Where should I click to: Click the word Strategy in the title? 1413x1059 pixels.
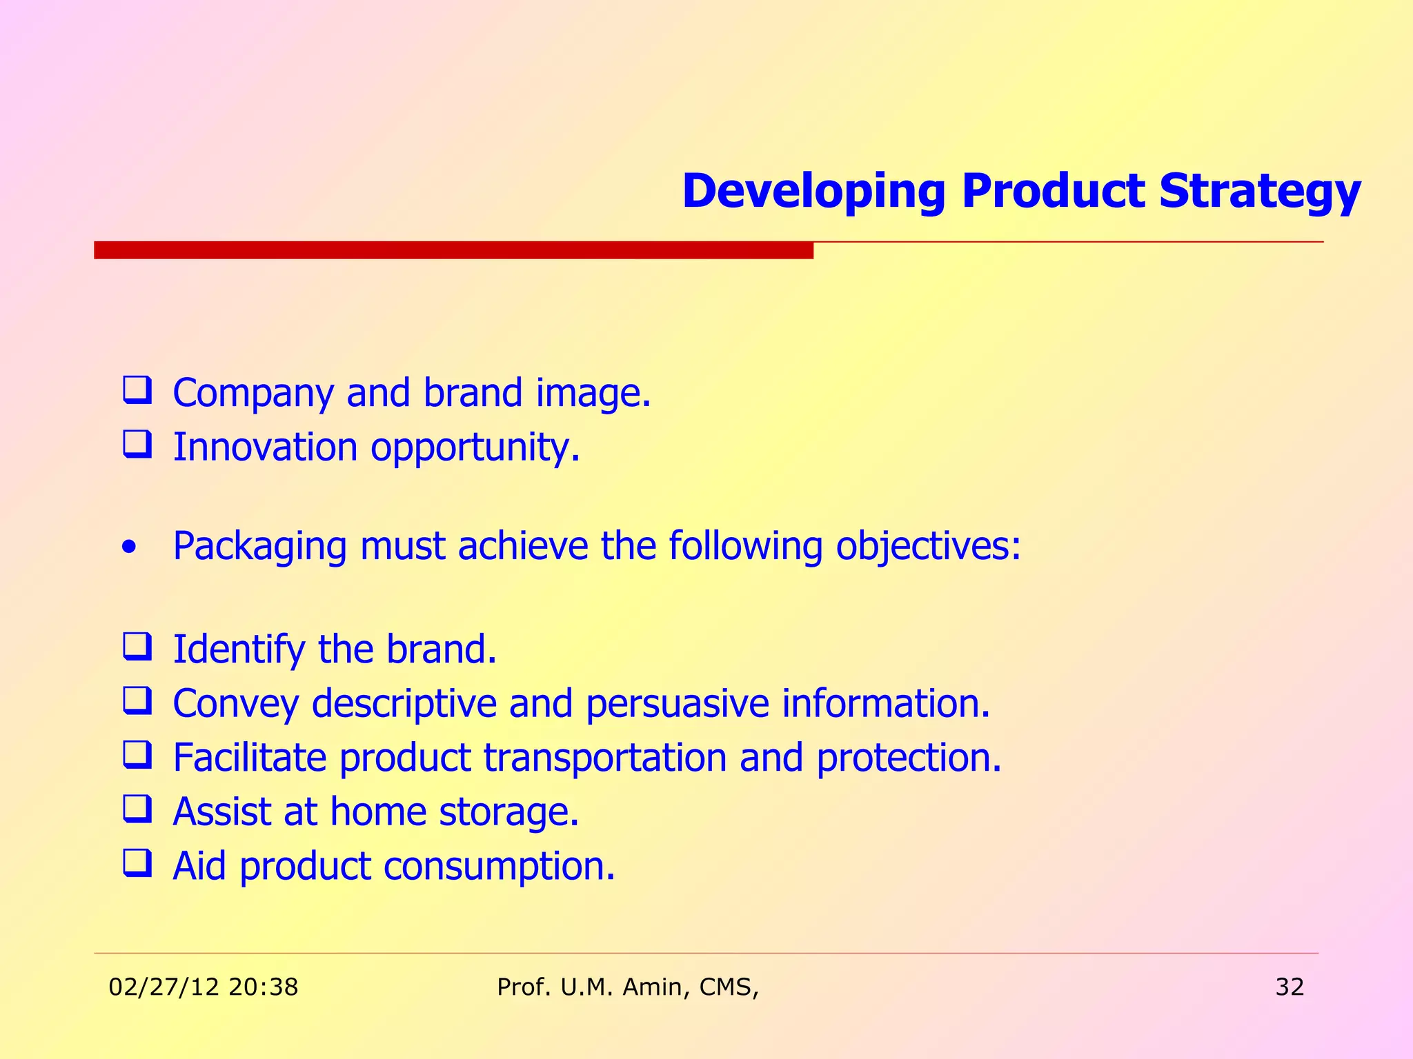(1259, 191)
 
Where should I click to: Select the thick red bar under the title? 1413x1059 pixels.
(453, 250)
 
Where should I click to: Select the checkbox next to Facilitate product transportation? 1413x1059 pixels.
(137, 755)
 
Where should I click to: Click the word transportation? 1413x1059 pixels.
(605, 758)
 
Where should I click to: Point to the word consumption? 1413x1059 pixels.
(499, 867)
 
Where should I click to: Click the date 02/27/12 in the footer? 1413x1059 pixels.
(164, 987)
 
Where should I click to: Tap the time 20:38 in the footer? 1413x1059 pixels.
(263, 987)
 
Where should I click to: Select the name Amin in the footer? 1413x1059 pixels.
(655, 987)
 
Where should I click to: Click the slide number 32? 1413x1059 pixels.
(1290, 987)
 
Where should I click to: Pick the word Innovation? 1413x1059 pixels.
(266, 447)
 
